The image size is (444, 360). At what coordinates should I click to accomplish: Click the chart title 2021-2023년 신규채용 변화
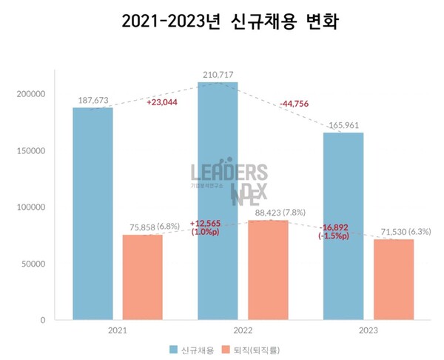pyautogui.click(x=222, y=23)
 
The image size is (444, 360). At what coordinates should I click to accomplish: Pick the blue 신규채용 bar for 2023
pyautogui.click(x=343, y=226)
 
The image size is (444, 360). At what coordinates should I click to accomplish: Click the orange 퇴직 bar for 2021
pyautogui.click(x=142, y=277)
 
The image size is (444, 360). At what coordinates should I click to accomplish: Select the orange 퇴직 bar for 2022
pyautogui.click(x=267, y=270)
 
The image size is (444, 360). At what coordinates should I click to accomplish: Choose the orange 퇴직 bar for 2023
pyautogui.click(x=393, y=279)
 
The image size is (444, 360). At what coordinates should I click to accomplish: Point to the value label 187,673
pyautogui.click(x=92, y=100)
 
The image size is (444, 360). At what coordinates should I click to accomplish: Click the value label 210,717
pyautogui.click(x=218, y=75)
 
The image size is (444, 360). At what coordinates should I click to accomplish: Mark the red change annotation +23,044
pyautogui.click(x=162, y=102)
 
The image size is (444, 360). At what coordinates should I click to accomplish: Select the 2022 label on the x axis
pyautogui.click(x=243, y=330)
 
